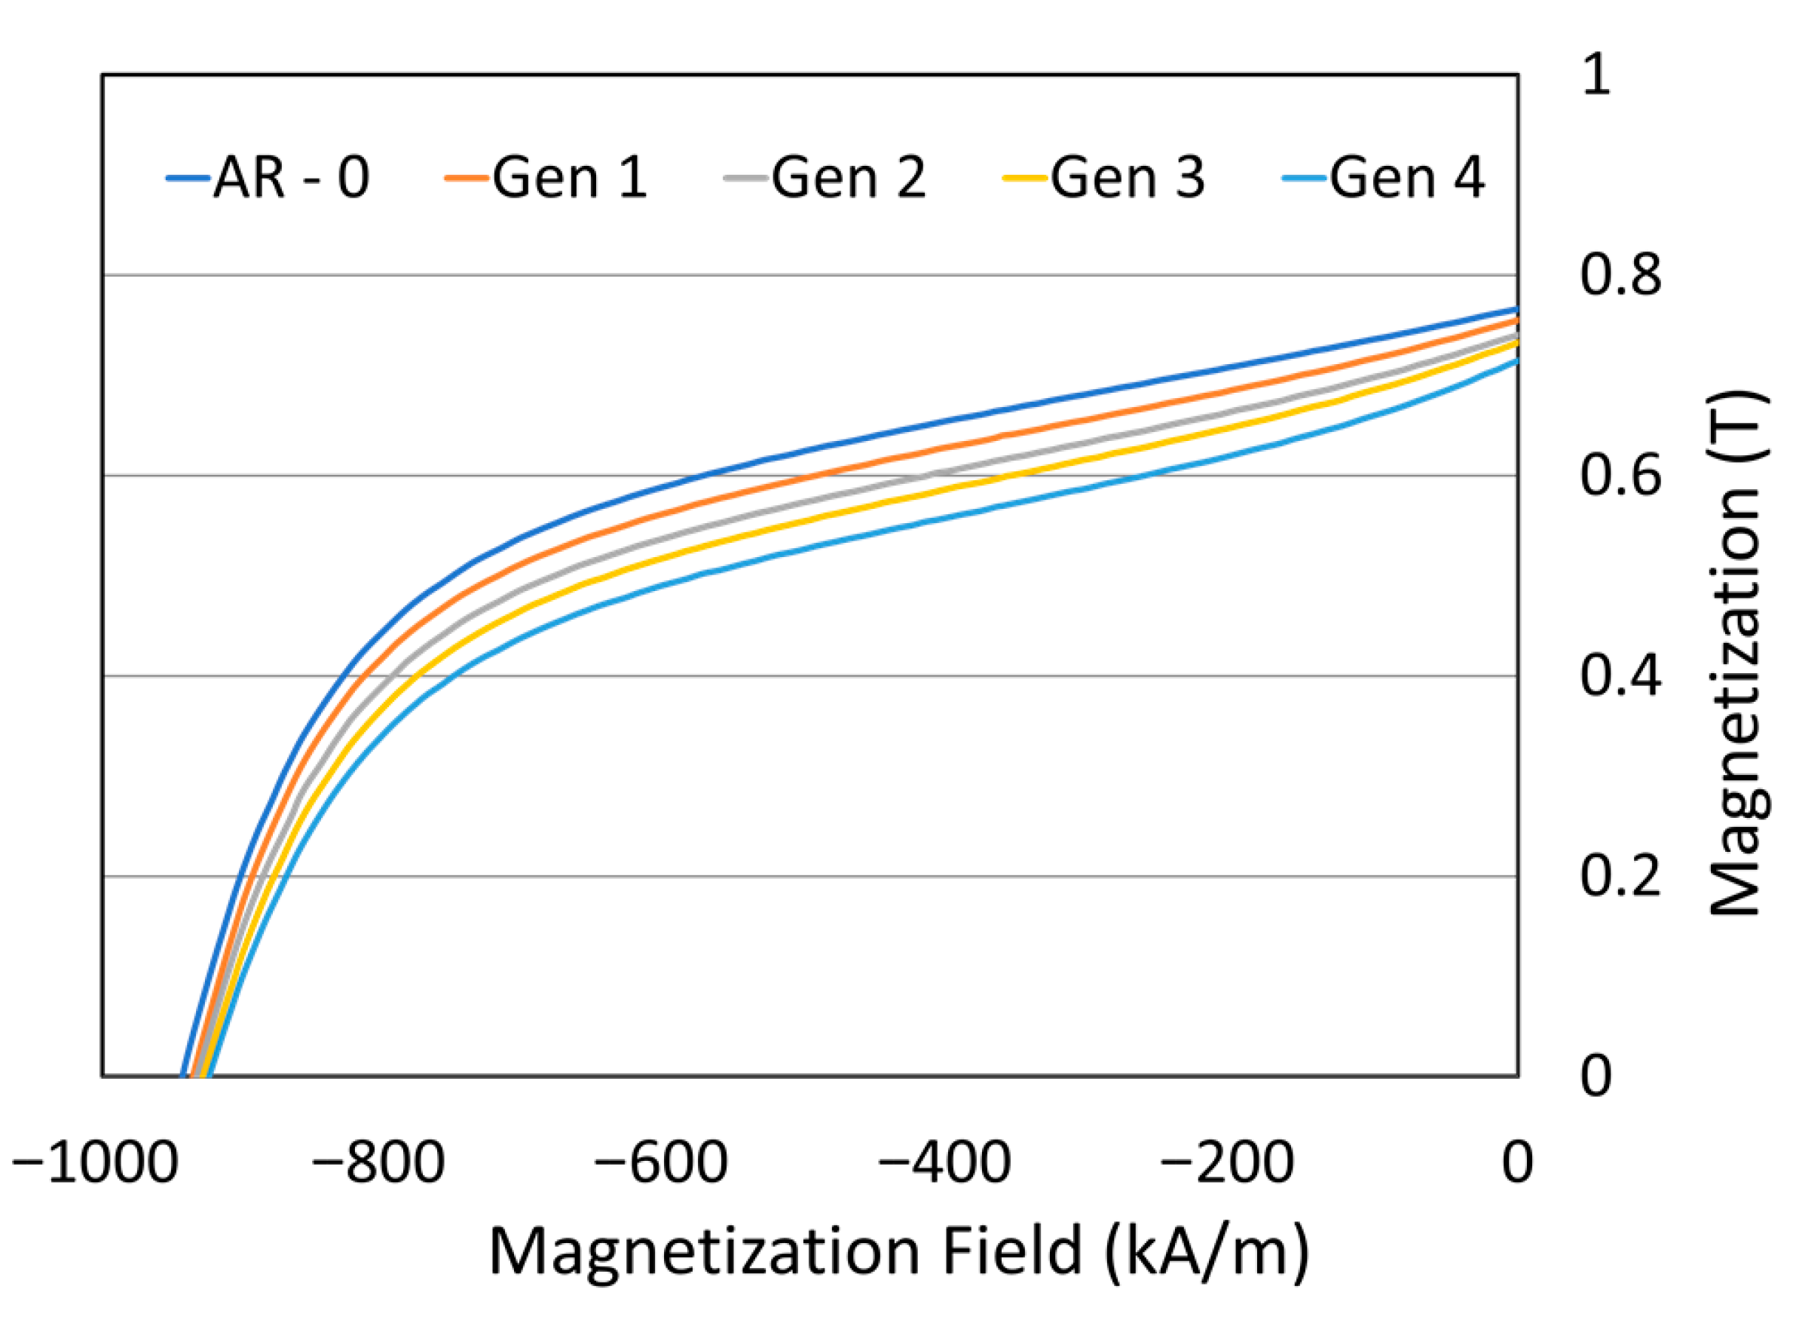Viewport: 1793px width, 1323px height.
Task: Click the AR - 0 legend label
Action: [292, 177]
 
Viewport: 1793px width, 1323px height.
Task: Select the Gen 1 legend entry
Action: [569, 177]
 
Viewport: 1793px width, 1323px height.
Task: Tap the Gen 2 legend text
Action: [849, 177]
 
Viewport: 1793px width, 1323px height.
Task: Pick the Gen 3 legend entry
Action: [1127, 177]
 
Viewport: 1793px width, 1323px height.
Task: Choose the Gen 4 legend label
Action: [1406, 177]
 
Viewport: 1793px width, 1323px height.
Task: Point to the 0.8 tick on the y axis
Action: [1620, 274]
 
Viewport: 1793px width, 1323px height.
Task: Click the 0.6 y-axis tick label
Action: [1620, 475]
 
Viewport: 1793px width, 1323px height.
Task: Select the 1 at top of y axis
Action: [1596, 75]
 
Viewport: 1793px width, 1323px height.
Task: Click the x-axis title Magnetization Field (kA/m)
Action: [898, 1251]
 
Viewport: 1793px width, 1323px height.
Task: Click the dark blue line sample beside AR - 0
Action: [188, 177]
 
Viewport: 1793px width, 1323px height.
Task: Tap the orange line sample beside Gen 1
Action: [467, 177]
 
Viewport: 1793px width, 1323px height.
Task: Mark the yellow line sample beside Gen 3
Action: [1025, 177]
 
